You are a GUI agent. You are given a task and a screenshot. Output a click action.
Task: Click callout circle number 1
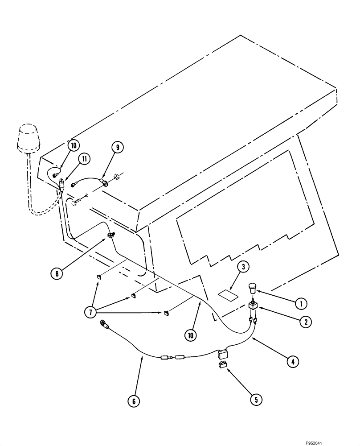point(301,304)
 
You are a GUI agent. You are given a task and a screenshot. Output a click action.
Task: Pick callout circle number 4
point(292,362)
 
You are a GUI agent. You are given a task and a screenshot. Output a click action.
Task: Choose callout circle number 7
point(90,312)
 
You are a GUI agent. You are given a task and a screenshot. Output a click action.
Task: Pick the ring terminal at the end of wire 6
point(103,323)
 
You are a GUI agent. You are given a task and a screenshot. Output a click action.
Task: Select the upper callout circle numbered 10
point(74,146)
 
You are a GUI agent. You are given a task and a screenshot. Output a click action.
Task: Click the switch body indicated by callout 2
point(253,306)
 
